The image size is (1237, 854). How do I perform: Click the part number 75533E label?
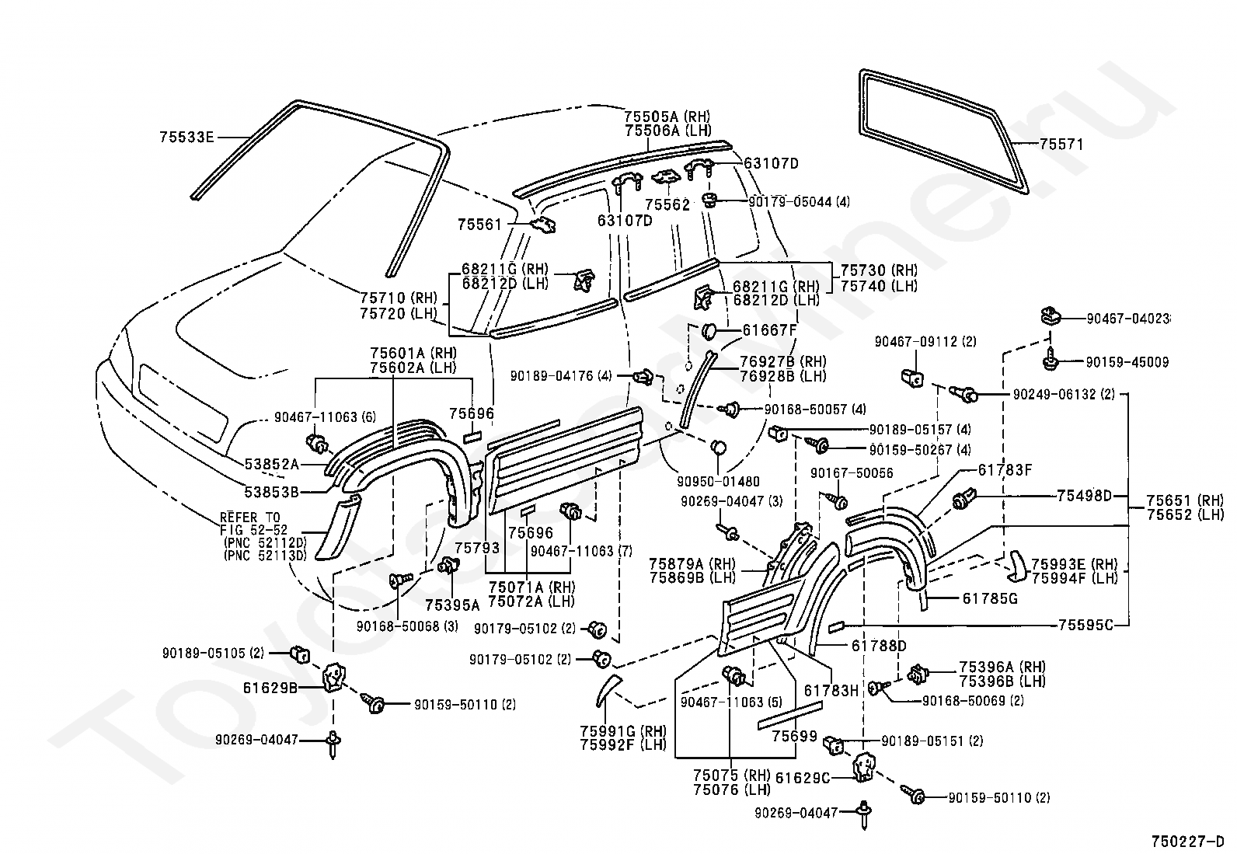(186, 137)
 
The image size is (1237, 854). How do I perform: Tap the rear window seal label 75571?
(1061, 145)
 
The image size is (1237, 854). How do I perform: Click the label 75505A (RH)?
(667, 117)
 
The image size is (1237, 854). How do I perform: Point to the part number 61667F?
(769, 330)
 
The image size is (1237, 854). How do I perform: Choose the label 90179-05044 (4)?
(799, 201)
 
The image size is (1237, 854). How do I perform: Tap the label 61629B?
(270, 688)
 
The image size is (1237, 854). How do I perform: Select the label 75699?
(794, 736)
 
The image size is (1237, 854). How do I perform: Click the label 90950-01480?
(719, 481)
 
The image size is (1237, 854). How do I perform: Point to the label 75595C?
(1085, 625)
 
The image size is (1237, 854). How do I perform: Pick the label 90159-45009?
(1127, 362)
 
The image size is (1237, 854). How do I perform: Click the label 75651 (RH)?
(1185, 500)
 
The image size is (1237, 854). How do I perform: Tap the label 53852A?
(272, 464)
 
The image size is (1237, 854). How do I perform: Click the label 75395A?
(452, 605)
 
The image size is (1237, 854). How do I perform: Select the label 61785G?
(990, 599)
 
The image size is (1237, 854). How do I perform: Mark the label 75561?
(479, 225)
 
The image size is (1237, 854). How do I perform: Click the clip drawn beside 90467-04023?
(1050, 316)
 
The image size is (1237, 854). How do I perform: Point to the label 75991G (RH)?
(623, 730)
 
